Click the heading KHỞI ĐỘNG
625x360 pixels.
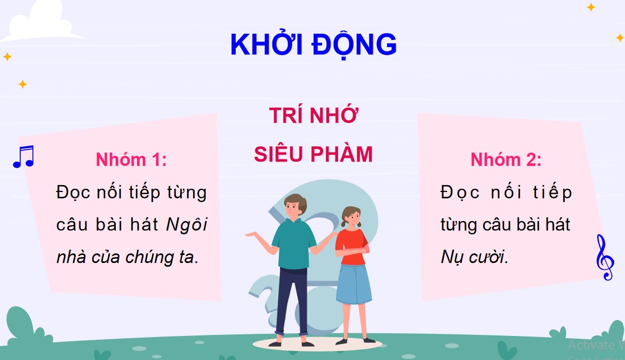(313, 45)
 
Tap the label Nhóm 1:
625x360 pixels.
(131, 159)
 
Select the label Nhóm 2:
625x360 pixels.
(506, 159)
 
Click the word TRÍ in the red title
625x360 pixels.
(286, 116)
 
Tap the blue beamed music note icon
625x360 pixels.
(23, 157)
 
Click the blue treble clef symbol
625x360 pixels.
(605, 257)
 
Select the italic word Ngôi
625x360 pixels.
(187, 225)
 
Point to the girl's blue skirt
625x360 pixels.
(354, 283)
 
